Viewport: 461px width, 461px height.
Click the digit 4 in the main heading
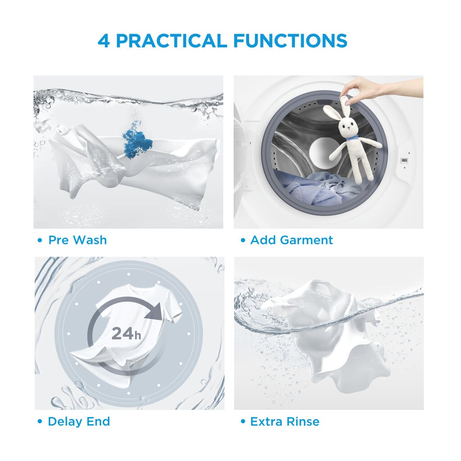pyautogui.click(x=104, y=41)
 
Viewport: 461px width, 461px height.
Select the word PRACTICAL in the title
pyautogui.click(x=172, y=41)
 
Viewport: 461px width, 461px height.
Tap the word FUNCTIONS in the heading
pyautogui.click(x=290, y=41)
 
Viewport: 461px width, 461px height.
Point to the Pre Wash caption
pyautogui.click(x=77, y=240)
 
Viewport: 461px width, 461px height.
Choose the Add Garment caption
pyautogui.click(x=291, y=240)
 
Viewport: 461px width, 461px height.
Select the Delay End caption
pyautogui.click(x=79, y=421)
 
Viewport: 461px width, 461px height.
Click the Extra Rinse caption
pyautogui.click(x=285, y=421)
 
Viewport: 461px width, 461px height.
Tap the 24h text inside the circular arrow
pyautogui.click(x=126, y=334)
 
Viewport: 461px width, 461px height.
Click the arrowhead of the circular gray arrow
pyautogui.click(x=155, y=311)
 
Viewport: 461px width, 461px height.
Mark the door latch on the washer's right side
pyautogui.click(x=405, y=160)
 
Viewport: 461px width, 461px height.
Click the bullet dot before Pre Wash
pyautogui.click(x=40, y=240)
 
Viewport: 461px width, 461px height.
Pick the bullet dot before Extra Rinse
pyautogui.click(x=243, y=421)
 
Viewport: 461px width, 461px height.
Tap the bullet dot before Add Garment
pyautogui.click(x=243, y=240)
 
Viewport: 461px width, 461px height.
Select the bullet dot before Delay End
pyautogui.click(x=40, y=421)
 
